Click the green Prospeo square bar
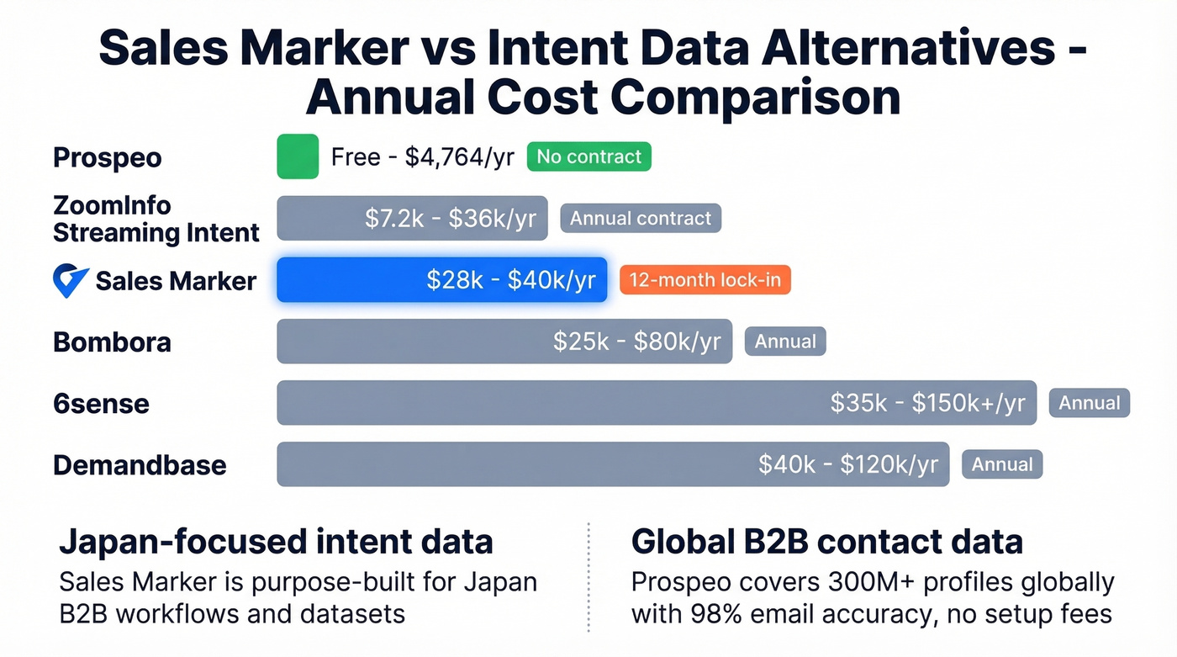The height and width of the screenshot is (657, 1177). coord(298,156)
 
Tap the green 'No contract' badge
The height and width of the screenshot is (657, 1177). coord(588,156)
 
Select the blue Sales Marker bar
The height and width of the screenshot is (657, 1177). coord(441,280)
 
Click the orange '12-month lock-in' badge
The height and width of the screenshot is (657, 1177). coord(705,280)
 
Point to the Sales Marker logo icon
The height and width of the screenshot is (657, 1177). coord(70,280)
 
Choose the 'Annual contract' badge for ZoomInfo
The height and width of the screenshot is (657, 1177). coord(641,219)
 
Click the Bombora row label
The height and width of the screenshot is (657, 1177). coord(112,342)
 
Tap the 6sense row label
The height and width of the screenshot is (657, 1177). coord(101,404)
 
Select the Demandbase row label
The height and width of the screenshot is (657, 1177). coord(140,465)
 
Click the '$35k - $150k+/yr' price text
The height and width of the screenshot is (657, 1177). coord(927,403)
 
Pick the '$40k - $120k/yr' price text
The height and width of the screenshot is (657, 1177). coord(847,464)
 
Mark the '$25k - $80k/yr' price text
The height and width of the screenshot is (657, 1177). coord(636,342)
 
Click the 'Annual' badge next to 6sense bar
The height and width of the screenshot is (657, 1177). coord(1089,403)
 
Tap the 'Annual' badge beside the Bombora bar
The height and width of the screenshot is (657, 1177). coord(785,342)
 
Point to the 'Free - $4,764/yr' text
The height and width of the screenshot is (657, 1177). coord(422,157)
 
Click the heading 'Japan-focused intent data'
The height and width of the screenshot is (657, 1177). coord(276,542)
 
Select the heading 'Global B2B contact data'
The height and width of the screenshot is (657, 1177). coord(826,542)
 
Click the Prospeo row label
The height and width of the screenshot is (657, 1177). coord(108,157)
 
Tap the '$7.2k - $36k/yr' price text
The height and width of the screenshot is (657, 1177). coord(450,219)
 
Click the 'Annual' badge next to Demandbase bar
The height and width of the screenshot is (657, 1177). coord(1002,464)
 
